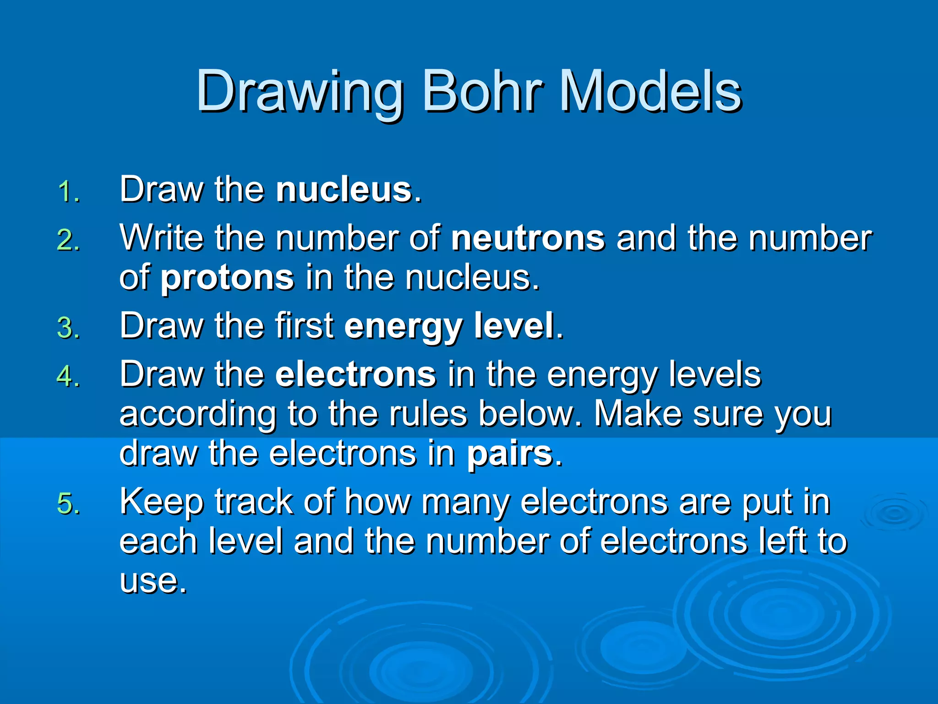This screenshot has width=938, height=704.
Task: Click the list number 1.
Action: [69, 192]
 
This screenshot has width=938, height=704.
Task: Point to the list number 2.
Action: [69, 240]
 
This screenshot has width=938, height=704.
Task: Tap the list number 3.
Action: [69, 329]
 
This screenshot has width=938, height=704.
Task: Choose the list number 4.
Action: [69, 377]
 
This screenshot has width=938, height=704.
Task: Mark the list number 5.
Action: [69, 504]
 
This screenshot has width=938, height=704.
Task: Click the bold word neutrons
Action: [528, 238]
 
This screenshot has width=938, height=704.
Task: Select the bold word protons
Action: [227, 278]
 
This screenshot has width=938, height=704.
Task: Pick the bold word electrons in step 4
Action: [355, 374]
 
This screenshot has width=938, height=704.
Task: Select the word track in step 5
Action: [253, 501]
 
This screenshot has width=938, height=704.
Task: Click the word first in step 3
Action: [305, 326]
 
